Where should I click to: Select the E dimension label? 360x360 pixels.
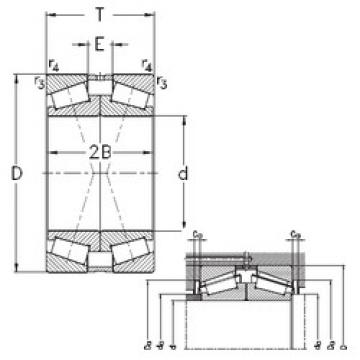click(98, 43)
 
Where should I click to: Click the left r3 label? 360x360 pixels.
click(38, 82)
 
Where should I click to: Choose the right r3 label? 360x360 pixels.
click(160, 80)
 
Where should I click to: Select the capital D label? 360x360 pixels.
click(15, 175)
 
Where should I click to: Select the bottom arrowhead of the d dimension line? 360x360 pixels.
click(184, 226)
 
